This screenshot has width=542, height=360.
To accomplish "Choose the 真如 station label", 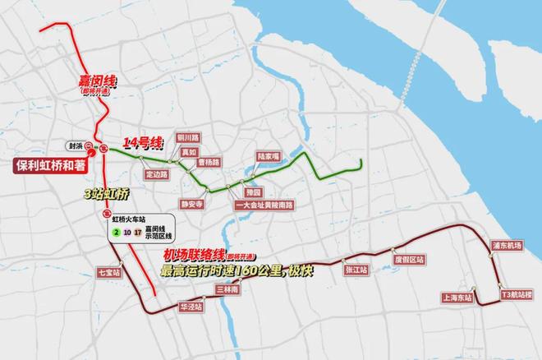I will (190, 152).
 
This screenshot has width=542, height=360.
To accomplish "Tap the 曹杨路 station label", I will (209, 162).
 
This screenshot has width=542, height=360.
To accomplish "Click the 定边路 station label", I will (156, 174).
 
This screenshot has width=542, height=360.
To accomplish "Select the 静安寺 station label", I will (191, 202).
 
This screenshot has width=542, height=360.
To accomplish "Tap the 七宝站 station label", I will (108, 271).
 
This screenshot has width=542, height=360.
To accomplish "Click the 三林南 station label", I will (227, 289).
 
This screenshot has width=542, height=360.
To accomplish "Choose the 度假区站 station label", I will (409, 259).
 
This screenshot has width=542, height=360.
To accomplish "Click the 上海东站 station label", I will (456, 298).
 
